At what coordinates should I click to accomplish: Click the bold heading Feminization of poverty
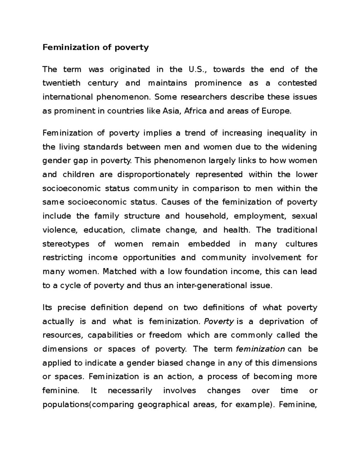tap(95, 47)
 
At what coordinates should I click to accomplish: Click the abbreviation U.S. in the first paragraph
tap(197, 70)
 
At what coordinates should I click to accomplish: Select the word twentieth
tap(61, 83)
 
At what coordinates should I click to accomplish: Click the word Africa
tap(195, 111)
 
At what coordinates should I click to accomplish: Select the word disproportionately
tap(154, 175)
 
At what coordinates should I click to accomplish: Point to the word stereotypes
tap(66, 244)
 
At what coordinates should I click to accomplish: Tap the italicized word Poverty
tap(219, 322)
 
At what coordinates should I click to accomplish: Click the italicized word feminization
tap(260, 349)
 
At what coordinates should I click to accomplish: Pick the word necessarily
tap(130, 391)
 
